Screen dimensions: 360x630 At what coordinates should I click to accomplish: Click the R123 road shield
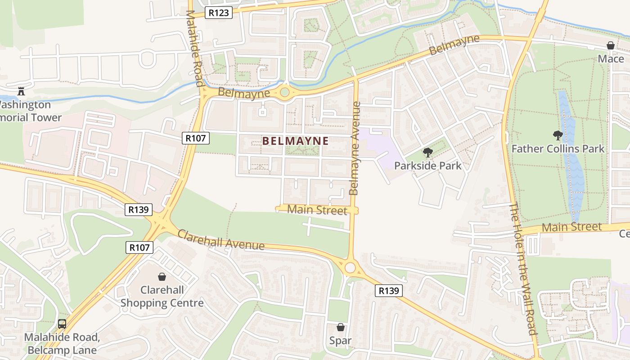[x=219, y=13]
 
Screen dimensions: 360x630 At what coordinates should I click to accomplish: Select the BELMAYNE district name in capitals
[x=295, y=141]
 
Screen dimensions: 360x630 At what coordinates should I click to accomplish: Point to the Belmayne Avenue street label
[x=355, y=148]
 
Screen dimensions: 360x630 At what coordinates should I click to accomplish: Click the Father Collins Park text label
[x=558, y=148]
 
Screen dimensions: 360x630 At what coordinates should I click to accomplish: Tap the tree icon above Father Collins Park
[x=558, y=135]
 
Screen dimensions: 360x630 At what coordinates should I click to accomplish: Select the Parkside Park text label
[x=427, y=166]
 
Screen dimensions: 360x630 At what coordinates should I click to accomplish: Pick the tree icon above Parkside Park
[x=427, y=153]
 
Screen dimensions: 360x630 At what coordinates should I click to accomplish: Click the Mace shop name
[x=611, y=58]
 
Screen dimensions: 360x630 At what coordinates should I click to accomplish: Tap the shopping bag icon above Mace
[x=611, y=45]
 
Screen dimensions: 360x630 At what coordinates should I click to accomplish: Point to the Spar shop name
[x=340, y=341]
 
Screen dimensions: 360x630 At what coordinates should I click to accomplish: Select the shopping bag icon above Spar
[x=341, y=327]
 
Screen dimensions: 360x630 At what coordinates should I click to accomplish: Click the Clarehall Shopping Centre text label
[x=162, y=297]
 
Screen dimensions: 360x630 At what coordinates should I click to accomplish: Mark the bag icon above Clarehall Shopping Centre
[x=162, y=276]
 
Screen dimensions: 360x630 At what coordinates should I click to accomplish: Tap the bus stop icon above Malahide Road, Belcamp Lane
[x=62, y=324]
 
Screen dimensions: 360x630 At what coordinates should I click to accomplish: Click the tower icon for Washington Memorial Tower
[x=21, y=91]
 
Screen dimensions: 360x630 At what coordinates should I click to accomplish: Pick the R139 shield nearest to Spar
[x=389, y=291]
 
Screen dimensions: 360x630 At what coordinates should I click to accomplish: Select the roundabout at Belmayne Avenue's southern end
[x=351, y=268]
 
